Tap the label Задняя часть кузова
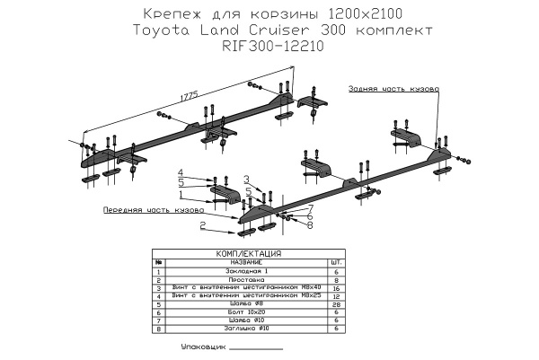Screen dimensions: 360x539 (x=393, y=90)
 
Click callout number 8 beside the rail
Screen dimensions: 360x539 (x=309, y=225)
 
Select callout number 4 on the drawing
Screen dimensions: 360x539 (x=180, y=171)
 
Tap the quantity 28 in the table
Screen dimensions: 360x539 (x=335, y=304)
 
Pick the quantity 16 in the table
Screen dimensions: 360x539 (x=335, y=288)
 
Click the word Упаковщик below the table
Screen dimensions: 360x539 (x=202, y=346)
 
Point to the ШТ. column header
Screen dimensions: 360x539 (x=335, y=262)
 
